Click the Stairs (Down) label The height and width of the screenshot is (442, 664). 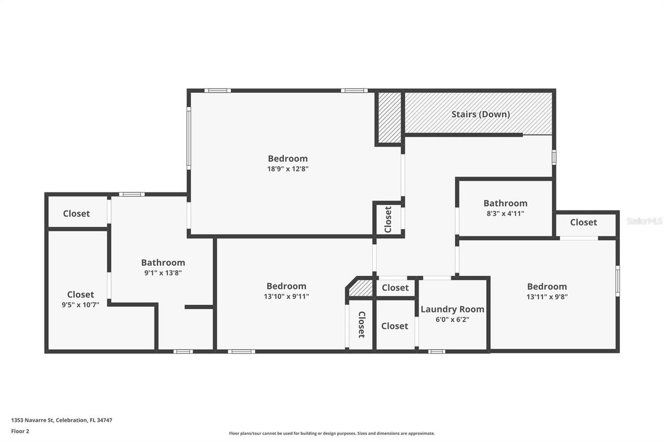[x=480, y=114]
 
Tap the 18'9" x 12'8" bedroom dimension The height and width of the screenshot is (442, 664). [x=287, y=168]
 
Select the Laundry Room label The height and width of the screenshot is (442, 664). [x=452, y=309]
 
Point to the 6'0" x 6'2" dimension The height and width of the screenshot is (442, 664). [x=452, y=320]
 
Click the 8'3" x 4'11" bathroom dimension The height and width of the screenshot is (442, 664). [x=505, y=213]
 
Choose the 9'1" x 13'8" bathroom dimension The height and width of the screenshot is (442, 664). [x=163, y=273]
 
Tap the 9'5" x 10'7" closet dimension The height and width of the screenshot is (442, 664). [x=80, y=305]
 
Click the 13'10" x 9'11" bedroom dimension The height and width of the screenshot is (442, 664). [x=286, y=296]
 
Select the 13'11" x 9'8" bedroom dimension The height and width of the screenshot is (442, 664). [x=547, y=297]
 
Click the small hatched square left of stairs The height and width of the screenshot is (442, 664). [x=389, y=118]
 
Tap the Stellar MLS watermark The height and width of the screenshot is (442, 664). [x=644, y=221]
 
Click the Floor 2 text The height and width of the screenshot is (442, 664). [x=20, y=431]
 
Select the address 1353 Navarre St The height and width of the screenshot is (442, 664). [x=62, y=420]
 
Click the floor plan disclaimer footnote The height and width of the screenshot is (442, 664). [x=332, y=433]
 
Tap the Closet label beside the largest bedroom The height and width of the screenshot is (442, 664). [x=388, y=220]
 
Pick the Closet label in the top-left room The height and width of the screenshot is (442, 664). [x=76, y=213]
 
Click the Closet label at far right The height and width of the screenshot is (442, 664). [x=584, y=222]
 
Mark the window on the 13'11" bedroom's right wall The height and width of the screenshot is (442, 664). [x=617, y=281]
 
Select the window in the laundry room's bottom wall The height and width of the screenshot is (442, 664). [x=436, y=351]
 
